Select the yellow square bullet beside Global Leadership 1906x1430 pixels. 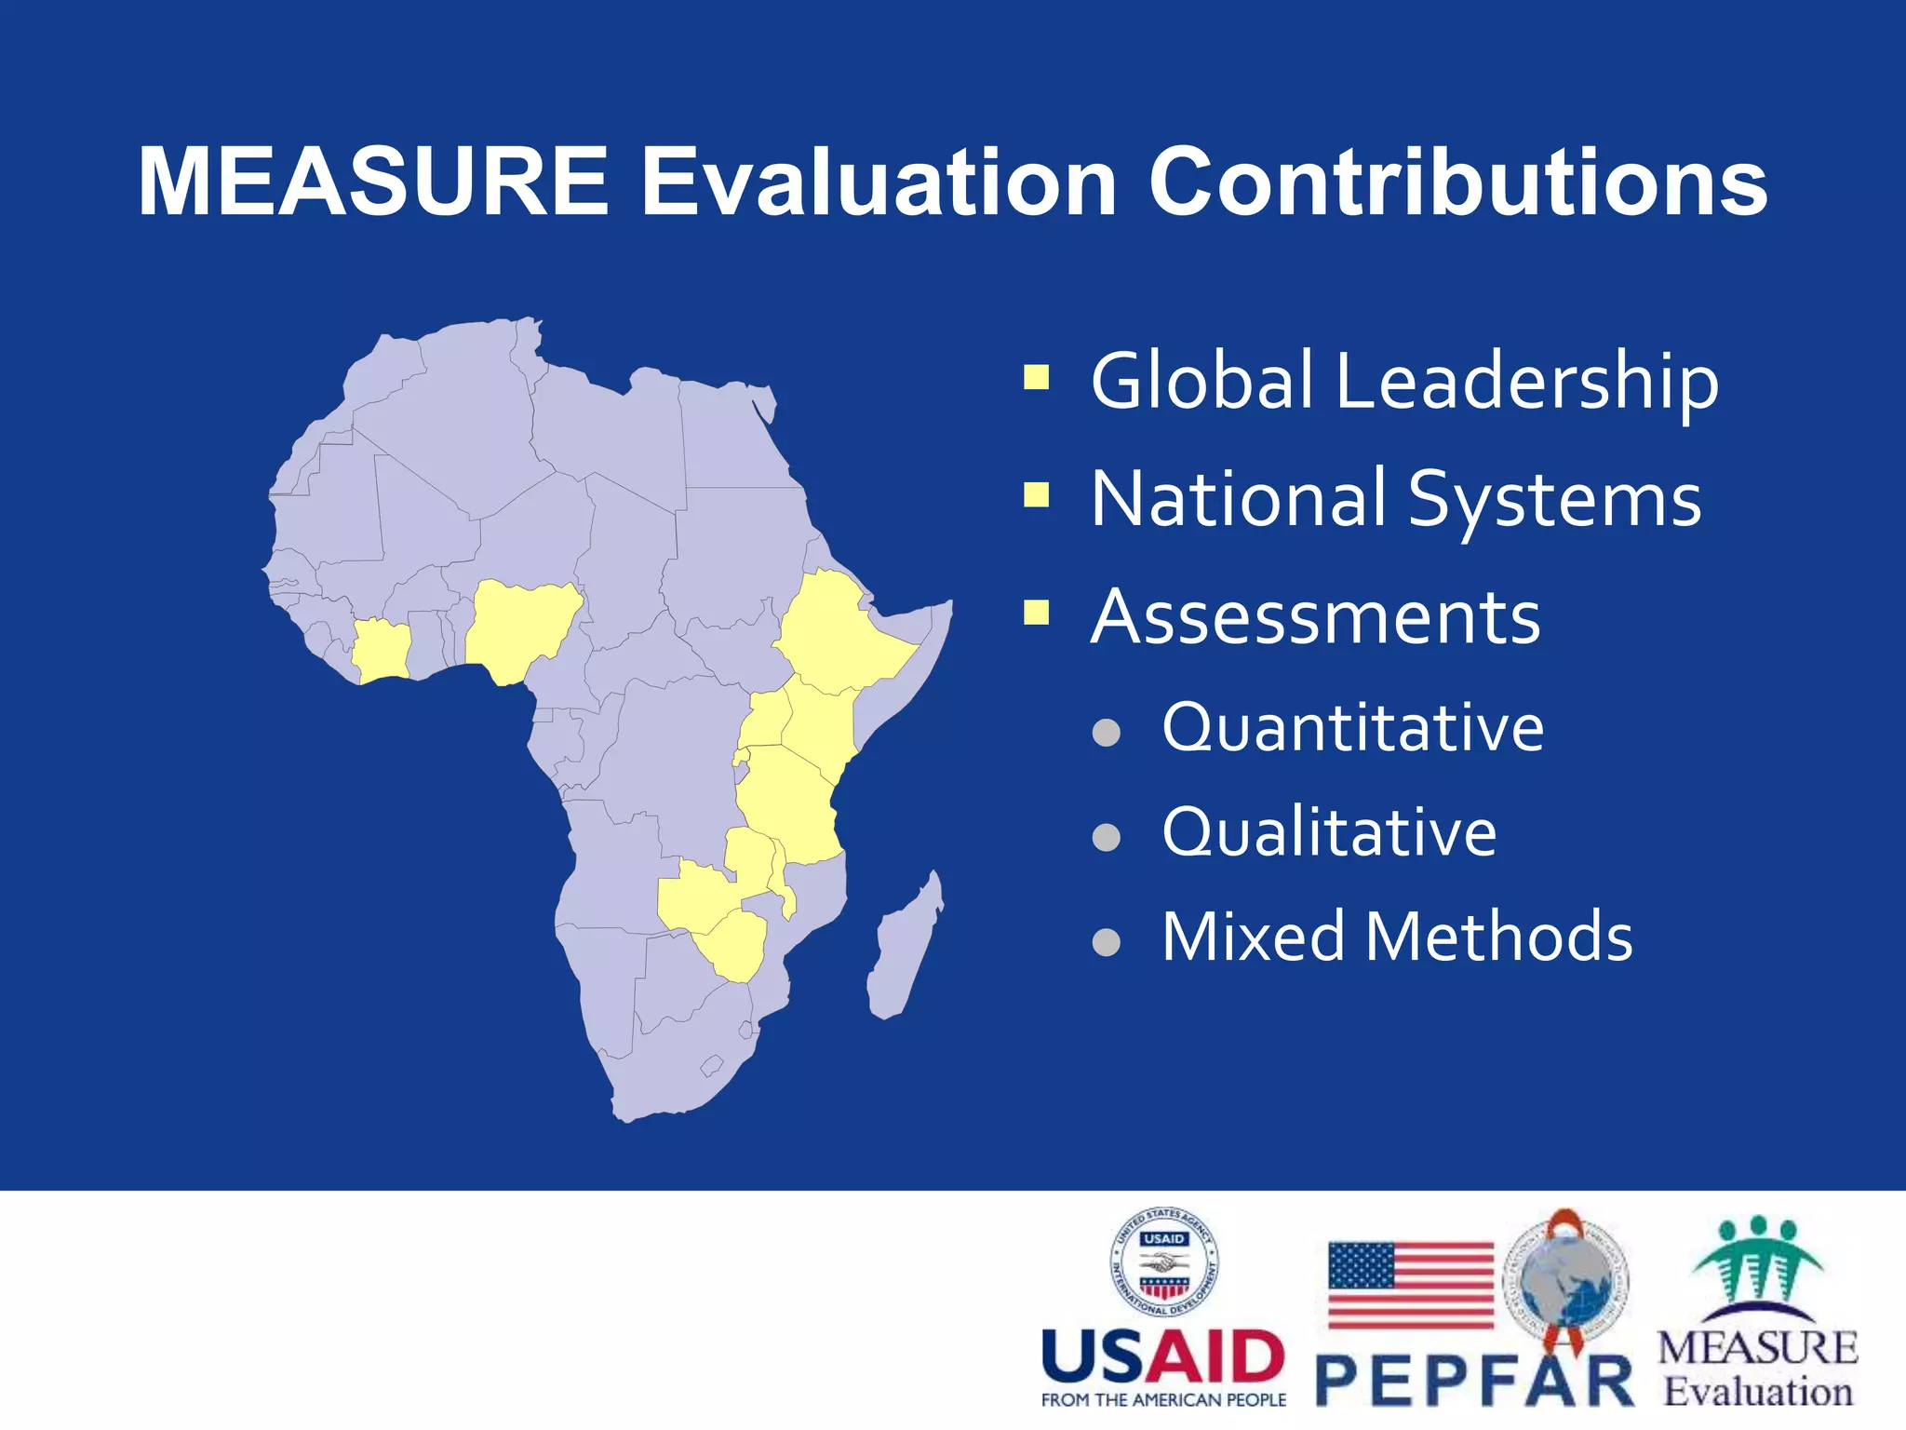click(x=1036, y=377)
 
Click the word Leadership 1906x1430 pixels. click(x=1526, y=382)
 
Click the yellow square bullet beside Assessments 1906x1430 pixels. click(x=1036, y=612)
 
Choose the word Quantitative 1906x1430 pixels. click(x=1352, y=727)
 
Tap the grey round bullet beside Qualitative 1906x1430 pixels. click(x=1106, y=837)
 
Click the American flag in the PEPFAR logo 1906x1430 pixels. click(x=1410, y=1285)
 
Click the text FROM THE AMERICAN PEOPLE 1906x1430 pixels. click(x=1163, y=1400)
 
